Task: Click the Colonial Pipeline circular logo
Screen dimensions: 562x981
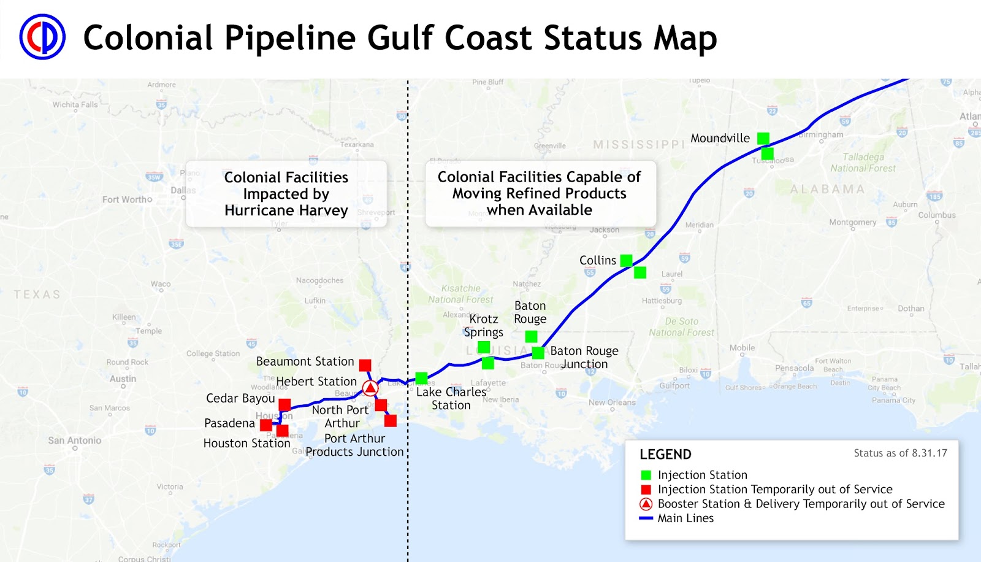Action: tap(42, 37)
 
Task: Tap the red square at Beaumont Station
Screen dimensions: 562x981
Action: tap(365, 365)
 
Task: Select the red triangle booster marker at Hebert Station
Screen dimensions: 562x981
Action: tap(370, 388)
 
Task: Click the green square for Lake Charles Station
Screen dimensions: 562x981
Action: tap(421, 378)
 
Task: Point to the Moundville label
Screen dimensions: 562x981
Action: tap(720, 139)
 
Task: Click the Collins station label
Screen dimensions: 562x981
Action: tap(597, 261)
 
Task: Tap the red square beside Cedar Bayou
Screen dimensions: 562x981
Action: tap(284, 404)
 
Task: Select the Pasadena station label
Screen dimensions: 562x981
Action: tap(229, 423)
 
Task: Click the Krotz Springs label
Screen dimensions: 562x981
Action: tap(484, 326)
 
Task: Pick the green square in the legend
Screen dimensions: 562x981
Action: tap(646, 475)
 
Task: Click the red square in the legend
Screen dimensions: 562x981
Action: tap(646, 490)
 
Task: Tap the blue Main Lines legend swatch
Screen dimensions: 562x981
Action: tap(646, 518)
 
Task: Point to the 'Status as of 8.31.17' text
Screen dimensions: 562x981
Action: tap(900, 453)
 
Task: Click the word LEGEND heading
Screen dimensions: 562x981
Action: tap(665, 455)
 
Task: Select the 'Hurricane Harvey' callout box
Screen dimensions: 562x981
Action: tap(286, 194)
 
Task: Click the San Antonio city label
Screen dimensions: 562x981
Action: tap(74, 441)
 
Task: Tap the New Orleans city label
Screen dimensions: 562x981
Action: tap(612, 402)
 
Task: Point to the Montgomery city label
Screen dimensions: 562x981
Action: tap(852, 222)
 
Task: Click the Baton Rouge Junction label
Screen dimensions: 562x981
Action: tap(584, 357)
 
